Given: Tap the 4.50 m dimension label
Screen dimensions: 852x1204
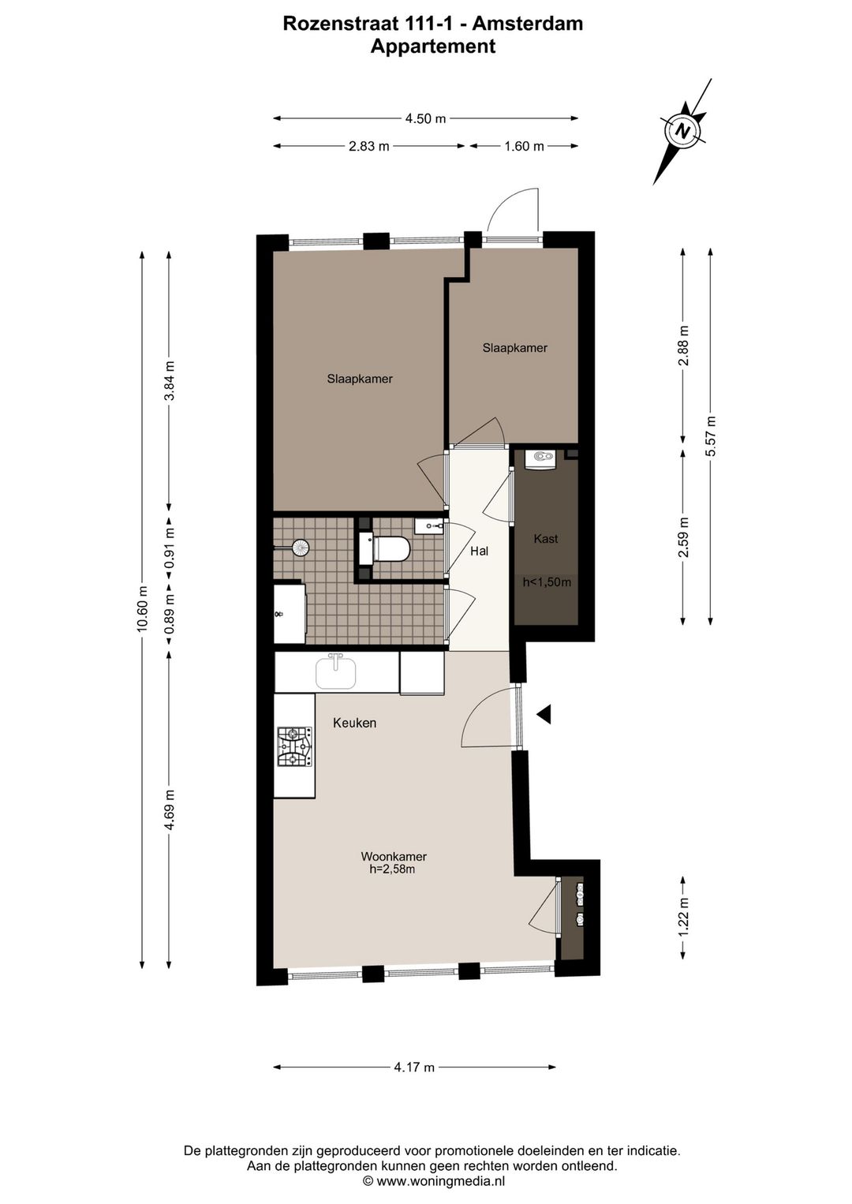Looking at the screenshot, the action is [x=425, y=119].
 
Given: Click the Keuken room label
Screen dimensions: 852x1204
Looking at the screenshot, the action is [x=355, y=723].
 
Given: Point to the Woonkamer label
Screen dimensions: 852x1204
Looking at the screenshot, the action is [x=394, y=856].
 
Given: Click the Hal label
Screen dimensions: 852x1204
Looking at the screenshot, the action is [x=480, y=551].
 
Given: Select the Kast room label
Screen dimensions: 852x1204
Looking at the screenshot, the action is [x=546, y=539].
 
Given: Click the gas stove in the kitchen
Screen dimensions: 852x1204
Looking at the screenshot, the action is [x=294, y=746].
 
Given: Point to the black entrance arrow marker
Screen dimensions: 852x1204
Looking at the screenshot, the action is [x=544, y=715].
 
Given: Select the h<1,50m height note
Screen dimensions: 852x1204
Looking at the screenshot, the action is [x=547, y=581].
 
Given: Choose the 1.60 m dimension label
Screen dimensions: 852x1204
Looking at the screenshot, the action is [x=524, y=146].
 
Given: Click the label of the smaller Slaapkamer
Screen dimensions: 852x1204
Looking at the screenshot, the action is [x=515, y=348].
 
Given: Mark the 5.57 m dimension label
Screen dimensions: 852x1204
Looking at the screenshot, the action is [x=711, y=436].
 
